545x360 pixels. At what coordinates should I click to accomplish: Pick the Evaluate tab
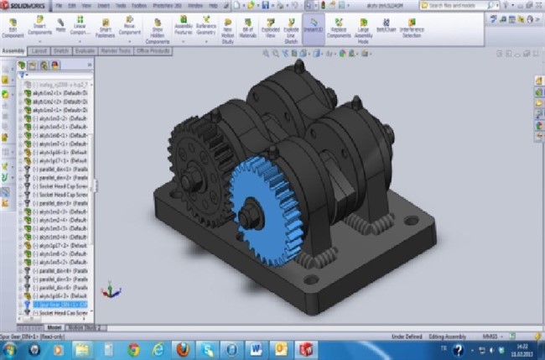pyautogui.click(x=84, y=50)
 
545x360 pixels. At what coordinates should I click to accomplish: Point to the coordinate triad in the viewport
pyautogui.click(x=109, y=292)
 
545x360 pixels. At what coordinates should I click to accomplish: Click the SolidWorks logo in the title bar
pyautogui.click(x=25, y=5)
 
